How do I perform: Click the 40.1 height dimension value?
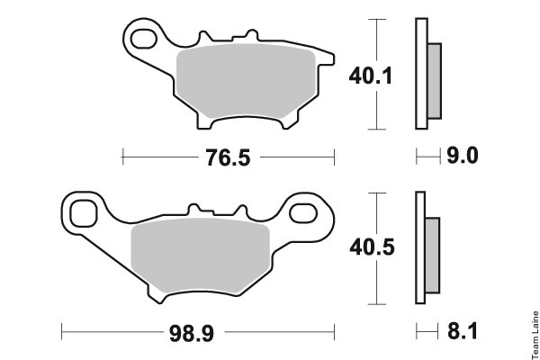point(371,76)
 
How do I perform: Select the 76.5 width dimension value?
point(228,157)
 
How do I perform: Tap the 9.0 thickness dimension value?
point(463,156)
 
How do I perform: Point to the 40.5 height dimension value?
point(372,247)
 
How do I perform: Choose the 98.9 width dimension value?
point(192,334)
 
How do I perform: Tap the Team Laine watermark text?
point(535,335)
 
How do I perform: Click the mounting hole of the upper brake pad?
point(144,39)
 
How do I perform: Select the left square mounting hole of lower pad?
point(84,213)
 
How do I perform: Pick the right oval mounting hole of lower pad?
point(303,213)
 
